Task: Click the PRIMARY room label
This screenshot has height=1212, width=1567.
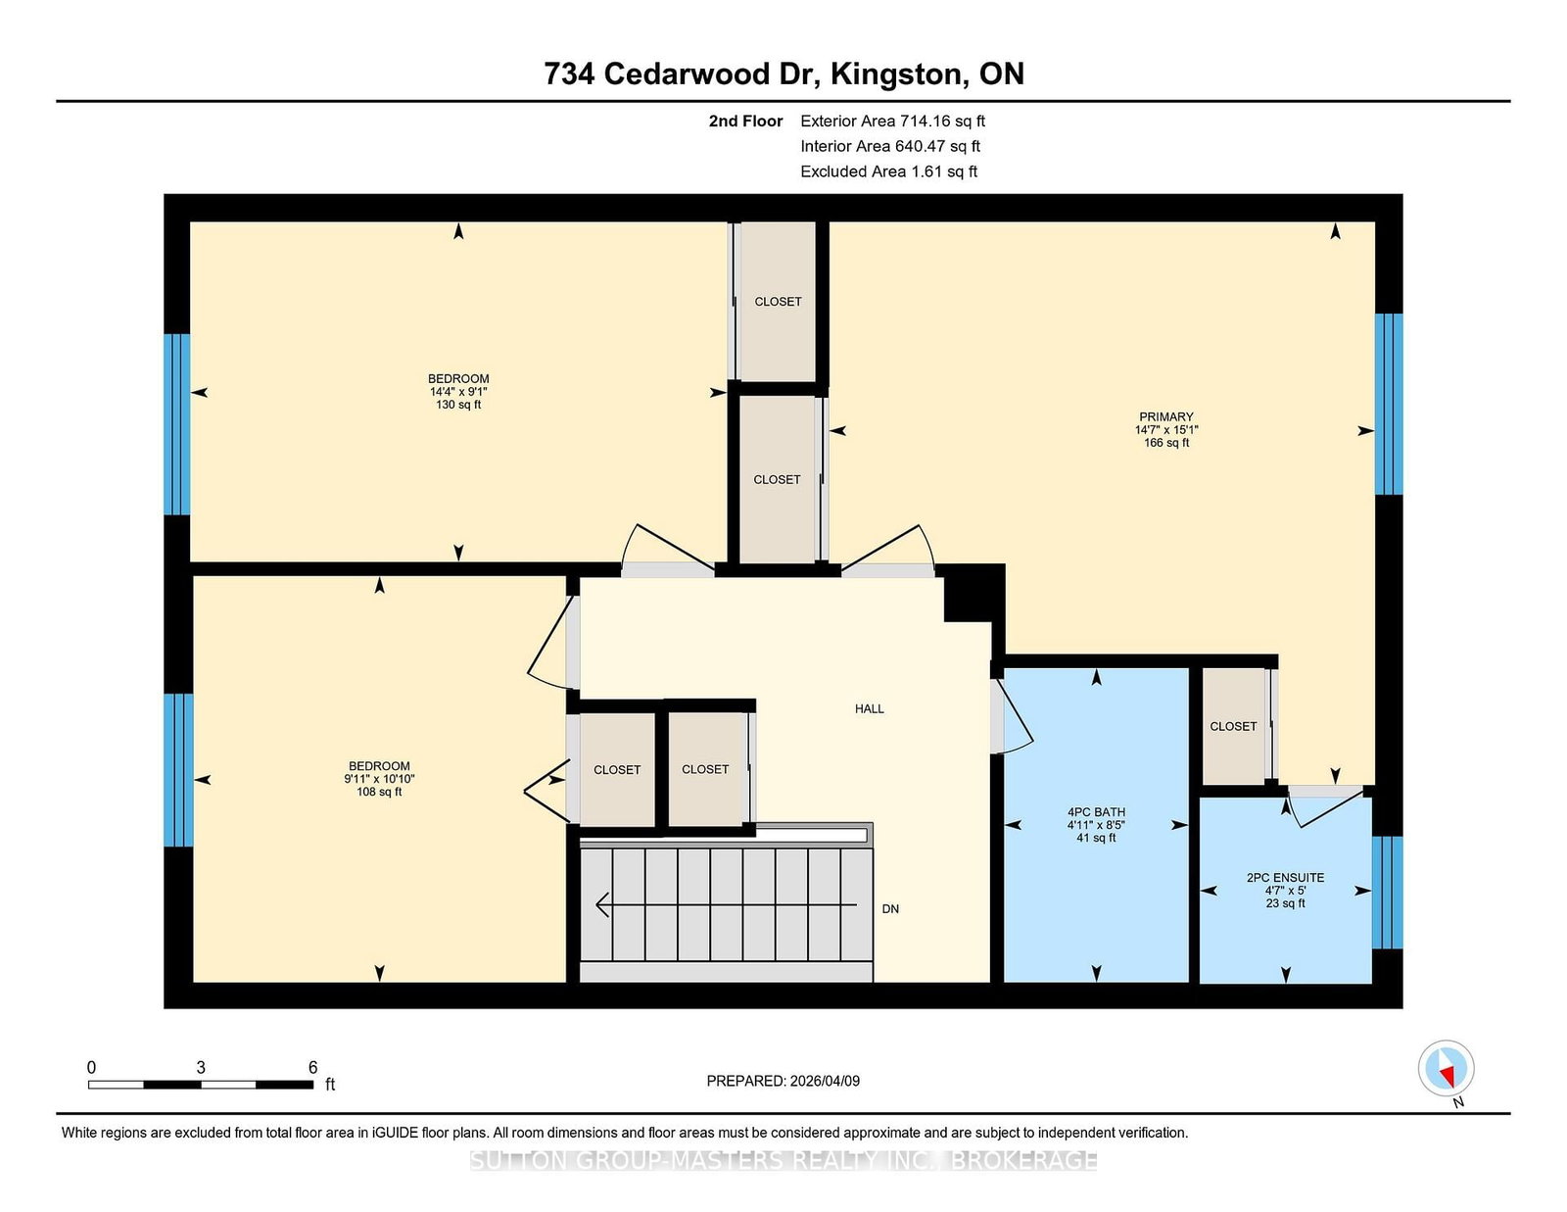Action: pos(1165,416)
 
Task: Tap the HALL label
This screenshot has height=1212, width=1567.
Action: pos(869,708)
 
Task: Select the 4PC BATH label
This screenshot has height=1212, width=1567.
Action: pos(1096,811)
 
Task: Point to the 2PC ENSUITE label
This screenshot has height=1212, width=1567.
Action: pos(1285,877)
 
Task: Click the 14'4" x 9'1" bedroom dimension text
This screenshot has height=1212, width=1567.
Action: pos(458,391)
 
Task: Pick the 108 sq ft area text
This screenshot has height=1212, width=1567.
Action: pos(379,792)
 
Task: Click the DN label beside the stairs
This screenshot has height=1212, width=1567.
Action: pos(890,909)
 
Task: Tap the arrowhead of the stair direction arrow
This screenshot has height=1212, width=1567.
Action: pos(600,904)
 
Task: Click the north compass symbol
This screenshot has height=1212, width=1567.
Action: pos(1446,1068)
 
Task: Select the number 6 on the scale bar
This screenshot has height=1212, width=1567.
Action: pos(313,1067)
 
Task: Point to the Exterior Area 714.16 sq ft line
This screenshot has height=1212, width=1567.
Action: pos(892,121)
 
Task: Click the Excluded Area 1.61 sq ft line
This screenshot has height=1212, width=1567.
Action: pos(888,171)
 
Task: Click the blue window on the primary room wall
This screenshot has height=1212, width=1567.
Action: pos(1388,404)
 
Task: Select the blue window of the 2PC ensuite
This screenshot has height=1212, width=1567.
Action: pos(1387,893)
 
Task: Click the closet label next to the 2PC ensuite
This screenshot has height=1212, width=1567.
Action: pos(1232,726)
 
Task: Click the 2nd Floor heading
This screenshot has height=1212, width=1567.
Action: pos(745,121)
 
